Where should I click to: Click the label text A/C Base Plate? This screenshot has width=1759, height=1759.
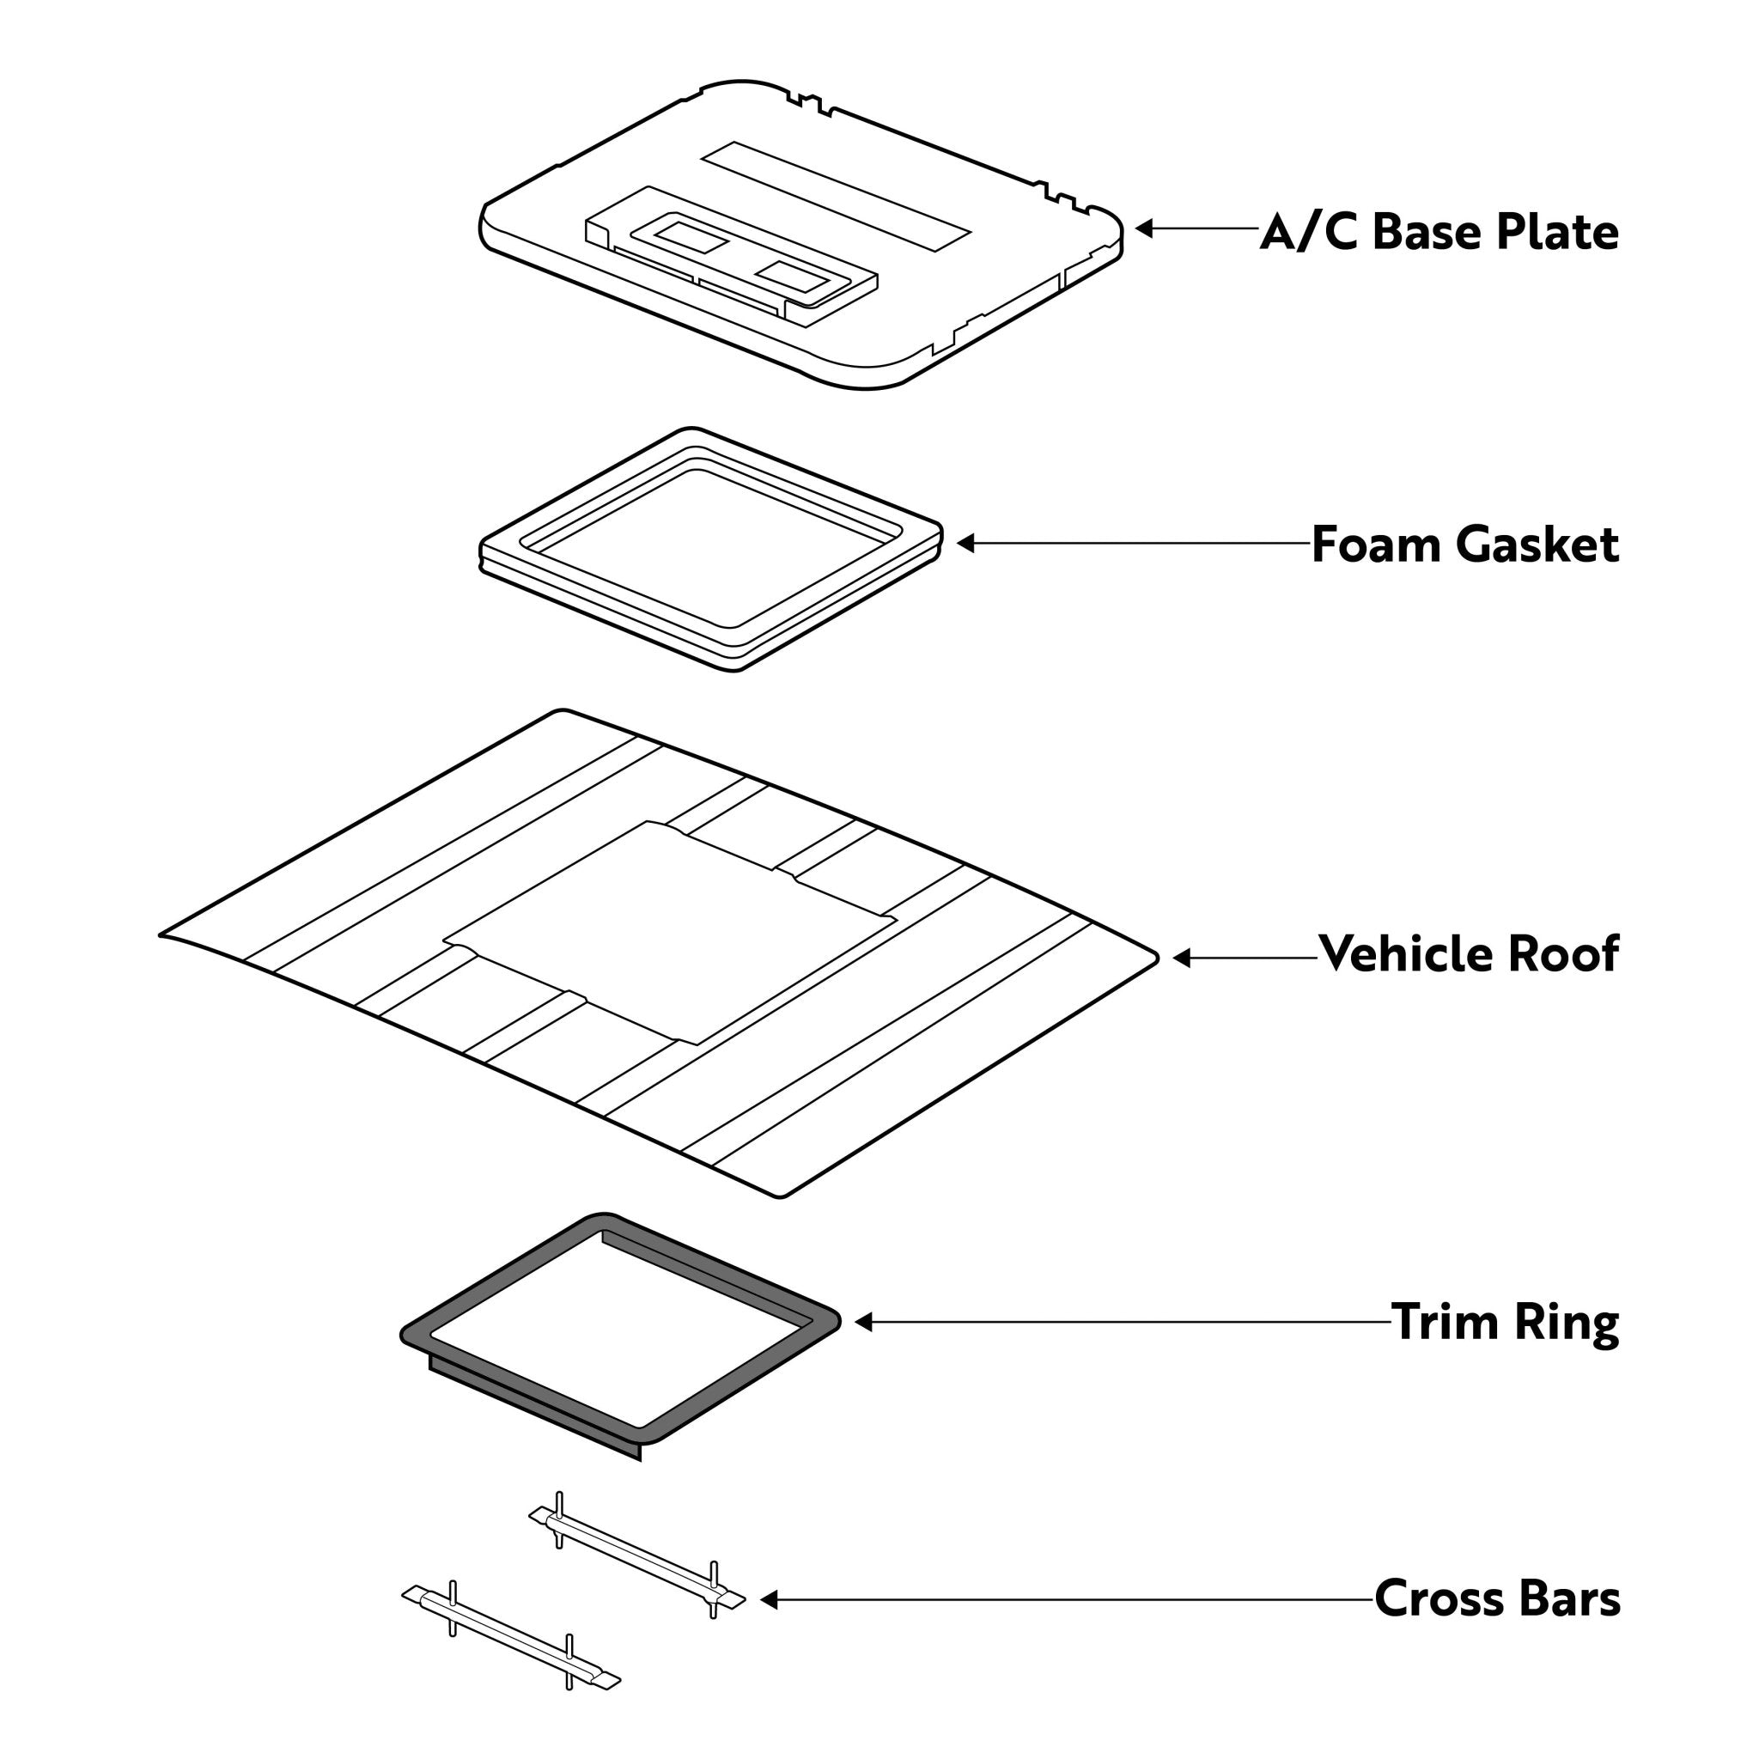(x=1439, y=232)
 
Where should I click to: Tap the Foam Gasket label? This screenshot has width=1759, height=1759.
(x=1465, y=545)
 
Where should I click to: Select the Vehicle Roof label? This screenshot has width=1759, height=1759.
(x=1469, y=953)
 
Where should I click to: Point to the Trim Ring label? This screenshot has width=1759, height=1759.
(x=1505, y=1322)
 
